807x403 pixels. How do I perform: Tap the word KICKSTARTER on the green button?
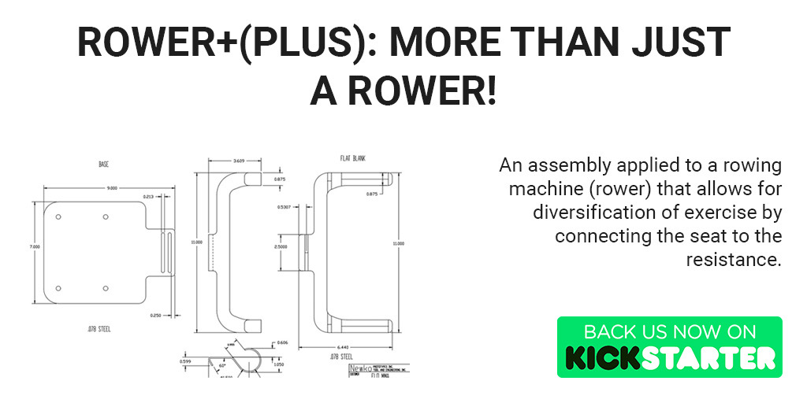(670, 357)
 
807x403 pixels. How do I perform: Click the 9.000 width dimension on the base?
(113, 188)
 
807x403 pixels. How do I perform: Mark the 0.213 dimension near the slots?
(148, 196)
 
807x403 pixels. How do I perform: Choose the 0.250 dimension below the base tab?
(155, 315)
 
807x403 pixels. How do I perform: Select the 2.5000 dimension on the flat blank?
(282, 246)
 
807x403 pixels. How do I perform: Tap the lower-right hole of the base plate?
(106, 288)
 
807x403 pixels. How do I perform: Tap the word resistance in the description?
(733, 260)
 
